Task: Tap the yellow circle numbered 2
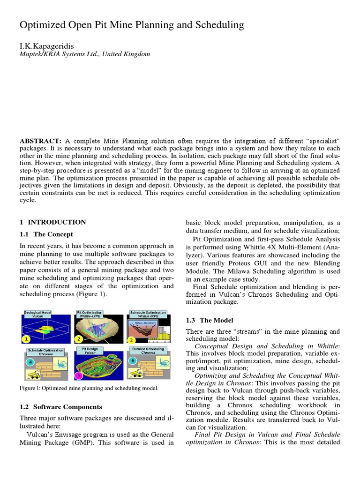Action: pyautogui.click(x=79, y=339)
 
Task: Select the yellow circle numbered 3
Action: pyautogui.click(x=132, y=340)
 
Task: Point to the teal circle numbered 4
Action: pyautogui.click(x=30, y=362)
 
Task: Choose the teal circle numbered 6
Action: pyautogui.click(x=133, y=360)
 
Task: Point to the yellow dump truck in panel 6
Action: pyautogui.click(x=136, y=373)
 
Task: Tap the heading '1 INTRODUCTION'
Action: pyautogui.click(x=52, y=222)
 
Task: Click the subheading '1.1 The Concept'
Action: pyautogui.click(x=46, y=234)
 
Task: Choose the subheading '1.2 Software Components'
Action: pyautogui.click(x=60, y=406)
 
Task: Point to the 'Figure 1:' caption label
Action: pyautogui.click(x=30, y=388)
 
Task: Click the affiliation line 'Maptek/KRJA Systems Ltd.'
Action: pyautogui.click(x=63, y=54)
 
